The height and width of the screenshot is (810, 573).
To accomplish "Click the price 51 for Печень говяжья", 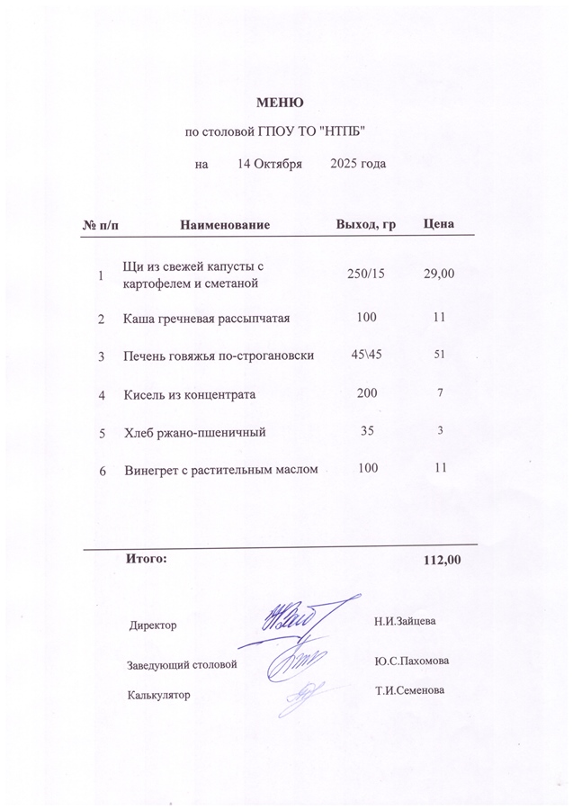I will (440, 355).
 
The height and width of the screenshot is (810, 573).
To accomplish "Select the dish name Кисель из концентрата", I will (190, 394).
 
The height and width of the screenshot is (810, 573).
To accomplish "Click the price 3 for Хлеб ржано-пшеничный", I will (441, 431).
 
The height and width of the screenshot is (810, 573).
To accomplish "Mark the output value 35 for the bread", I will (366, 431).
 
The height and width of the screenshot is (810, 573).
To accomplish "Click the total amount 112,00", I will (442, 560).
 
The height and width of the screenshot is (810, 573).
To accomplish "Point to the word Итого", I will (147, 559).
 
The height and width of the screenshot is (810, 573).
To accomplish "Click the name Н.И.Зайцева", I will (405, 621).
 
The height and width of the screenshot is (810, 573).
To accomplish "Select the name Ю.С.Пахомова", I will (411, 661).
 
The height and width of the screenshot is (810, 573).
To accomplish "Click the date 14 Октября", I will (269, 164).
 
